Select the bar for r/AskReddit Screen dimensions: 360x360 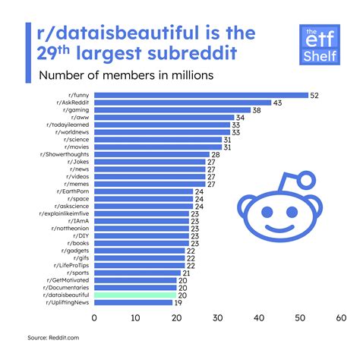[182, 102]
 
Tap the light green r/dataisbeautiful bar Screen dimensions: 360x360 [134, 295]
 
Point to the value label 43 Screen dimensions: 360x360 [279, 102]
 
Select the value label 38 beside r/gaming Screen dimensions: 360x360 [257, 110]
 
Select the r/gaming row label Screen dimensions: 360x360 [74, 110]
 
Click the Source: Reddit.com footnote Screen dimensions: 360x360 [49, 336]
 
